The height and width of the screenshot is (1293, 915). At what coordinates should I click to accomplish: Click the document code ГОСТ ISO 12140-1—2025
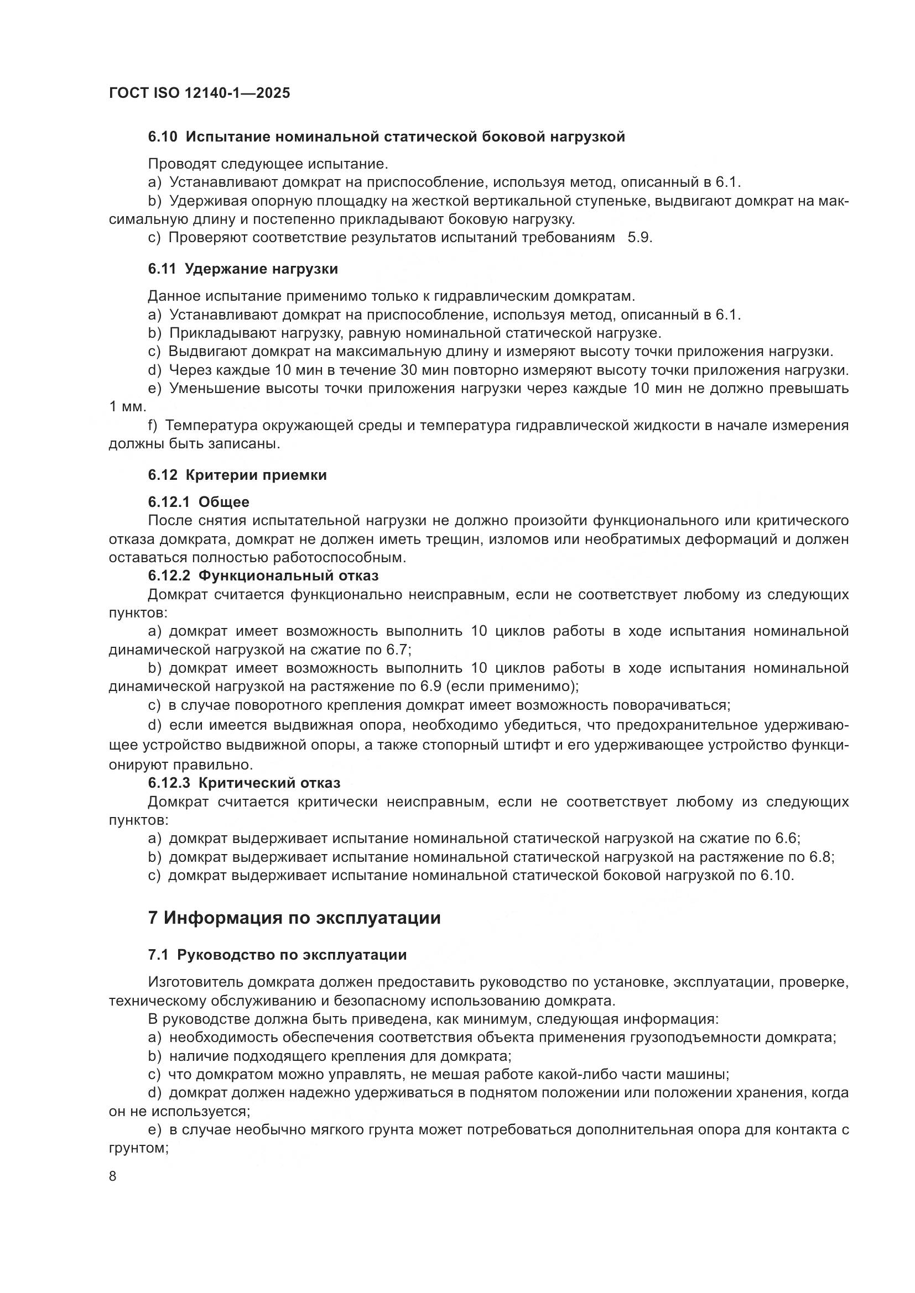200,93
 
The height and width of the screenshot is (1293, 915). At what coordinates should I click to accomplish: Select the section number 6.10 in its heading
163,137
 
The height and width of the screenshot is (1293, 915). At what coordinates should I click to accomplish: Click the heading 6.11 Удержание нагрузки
243,269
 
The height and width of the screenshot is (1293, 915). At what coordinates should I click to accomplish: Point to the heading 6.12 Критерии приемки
237,475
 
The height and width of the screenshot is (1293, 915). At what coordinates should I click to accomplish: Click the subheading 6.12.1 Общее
199,502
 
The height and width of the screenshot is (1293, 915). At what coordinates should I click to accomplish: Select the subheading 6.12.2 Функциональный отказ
263,575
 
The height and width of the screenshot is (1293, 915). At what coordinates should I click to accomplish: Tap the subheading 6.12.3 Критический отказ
244,783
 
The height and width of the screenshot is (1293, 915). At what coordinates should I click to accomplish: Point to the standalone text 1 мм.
127,407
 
